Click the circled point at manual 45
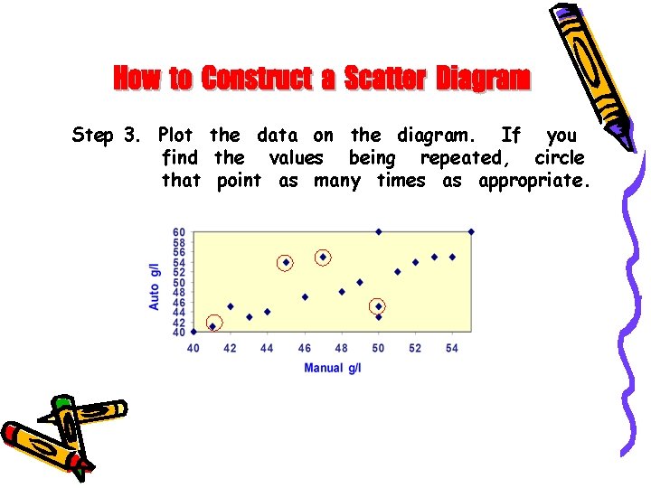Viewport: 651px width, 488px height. pos(286,262)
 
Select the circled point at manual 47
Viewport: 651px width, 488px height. pos(323,257)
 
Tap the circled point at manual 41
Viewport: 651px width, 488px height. pos(212,326)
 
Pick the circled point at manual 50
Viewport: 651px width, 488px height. pos(378,306)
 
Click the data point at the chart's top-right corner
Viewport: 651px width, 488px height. pos(471,231)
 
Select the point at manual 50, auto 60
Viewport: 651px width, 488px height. pos(378,231)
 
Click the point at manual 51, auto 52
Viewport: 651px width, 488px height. pos(397,271)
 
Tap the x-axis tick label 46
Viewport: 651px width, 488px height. pos(304,348)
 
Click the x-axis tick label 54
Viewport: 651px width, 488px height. pos(452,348)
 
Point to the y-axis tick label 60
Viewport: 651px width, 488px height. pos(179,232)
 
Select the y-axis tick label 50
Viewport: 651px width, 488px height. pos(179,282)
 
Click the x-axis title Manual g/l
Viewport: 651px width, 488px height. pos(332,368)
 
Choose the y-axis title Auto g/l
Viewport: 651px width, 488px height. pos(155,286)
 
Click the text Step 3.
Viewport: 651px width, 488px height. pos(106,136)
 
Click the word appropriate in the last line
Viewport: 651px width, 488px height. pos(533,182)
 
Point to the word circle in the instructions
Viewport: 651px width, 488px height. pos(559,158)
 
